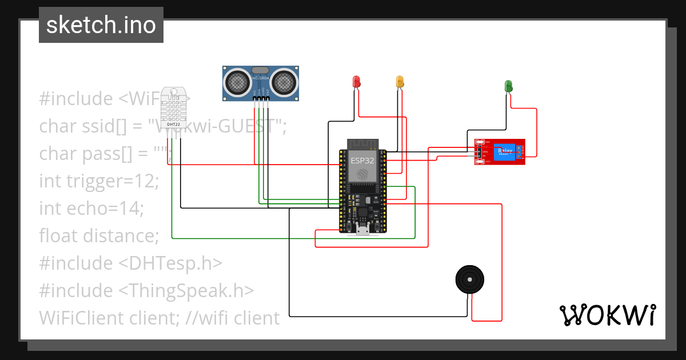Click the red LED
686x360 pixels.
[x=356, y=81]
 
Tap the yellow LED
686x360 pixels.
[x=400, y=81]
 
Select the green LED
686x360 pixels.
[x=508, y=86]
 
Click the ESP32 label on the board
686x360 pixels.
[x=362, y=161]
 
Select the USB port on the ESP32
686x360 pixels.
[x=362, y=230]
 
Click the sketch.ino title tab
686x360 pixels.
[x=101, y=25]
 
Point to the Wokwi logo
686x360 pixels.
[x=607, y=315]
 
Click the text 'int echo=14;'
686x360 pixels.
[x=91, y=209]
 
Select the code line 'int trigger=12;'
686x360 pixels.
[x=99, y=181]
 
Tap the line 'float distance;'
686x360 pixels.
[x=99, y=235]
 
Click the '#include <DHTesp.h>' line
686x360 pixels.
[x=130, y=263]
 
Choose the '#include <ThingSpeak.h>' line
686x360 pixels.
[x=146, y=290]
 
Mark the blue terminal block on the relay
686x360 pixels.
[x=520, y=152]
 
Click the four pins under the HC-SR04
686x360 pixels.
[x=260, y=99]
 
